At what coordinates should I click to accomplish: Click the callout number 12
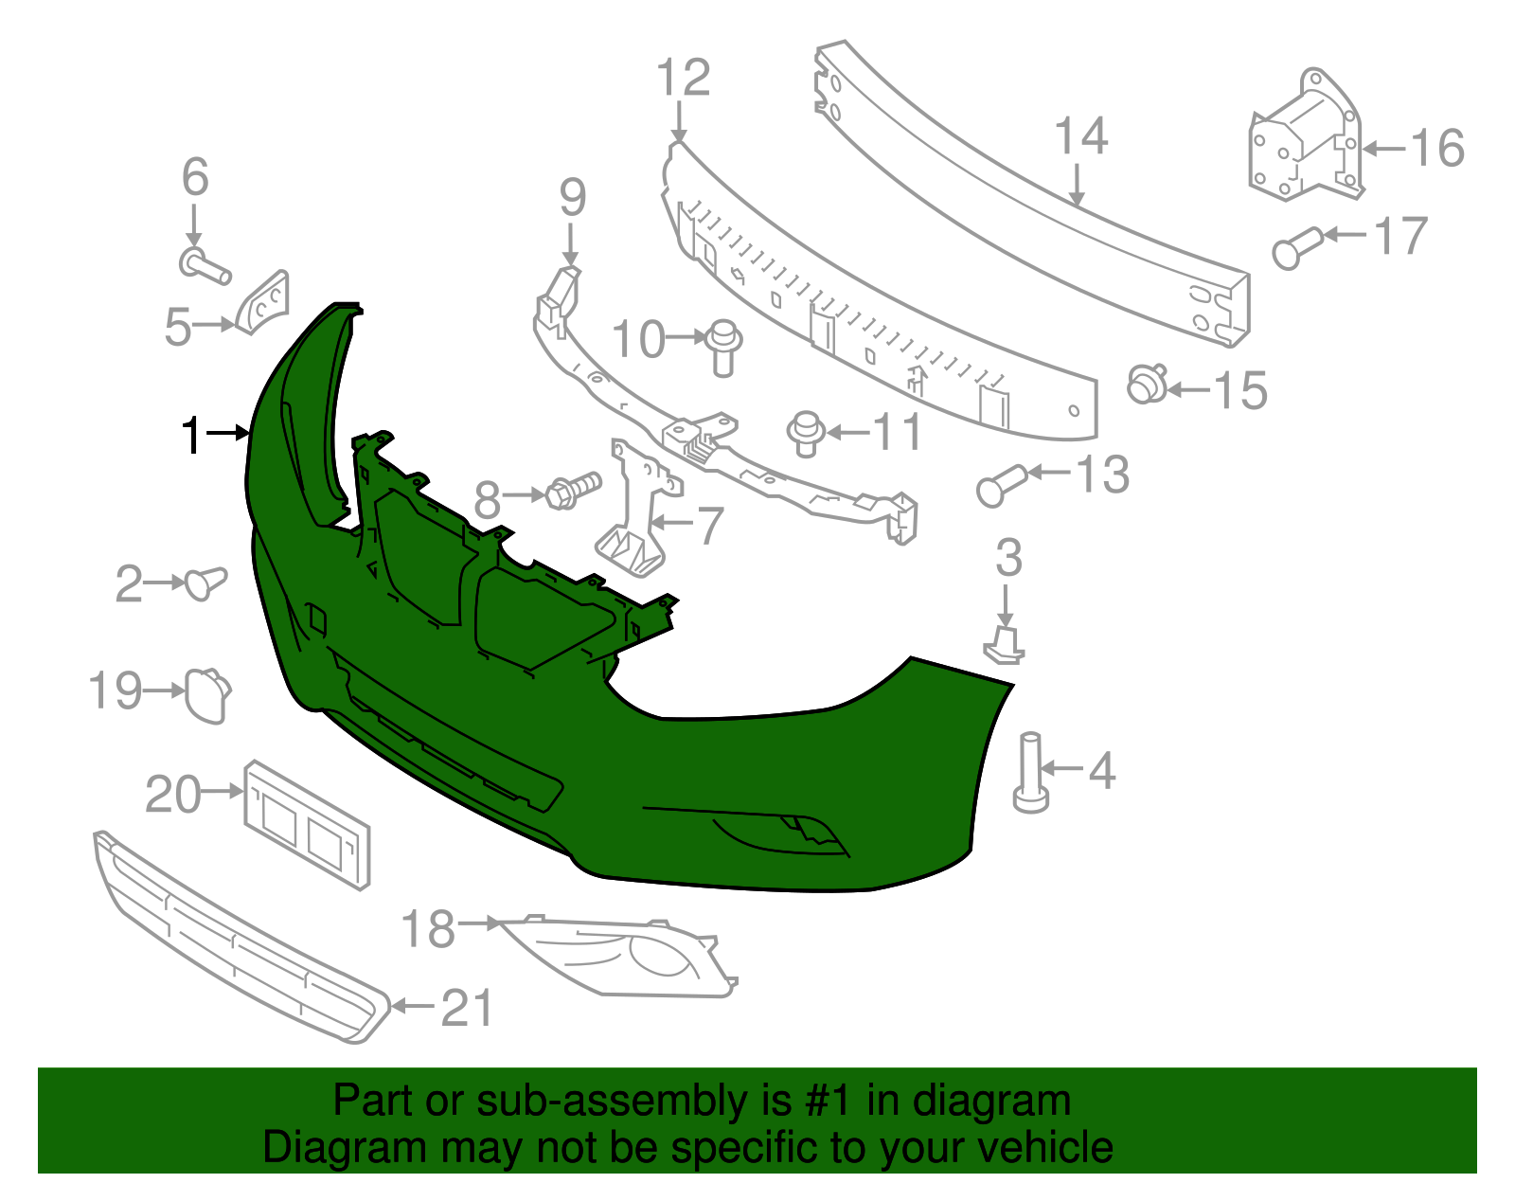683,78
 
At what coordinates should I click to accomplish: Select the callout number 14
1080,137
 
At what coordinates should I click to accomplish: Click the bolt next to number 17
1296,246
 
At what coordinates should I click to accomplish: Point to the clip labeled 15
1147,385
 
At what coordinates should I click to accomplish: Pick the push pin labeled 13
998,485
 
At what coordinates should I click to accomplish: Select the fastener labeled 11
806,433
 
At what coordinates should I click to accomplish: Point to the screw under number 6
205,265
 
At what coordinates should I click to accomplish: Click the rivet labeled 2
205,581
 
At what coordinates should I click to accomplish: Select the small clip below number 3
1005,644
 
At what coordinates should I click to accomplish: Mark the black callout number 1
192,436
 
